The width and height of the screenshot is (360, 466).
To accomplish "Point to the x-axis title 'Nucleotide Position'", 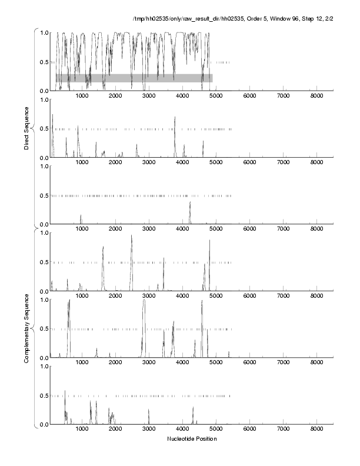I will (192, 438).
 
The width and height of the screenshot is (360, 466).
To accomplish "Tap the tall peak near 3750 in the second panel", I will (175, 118).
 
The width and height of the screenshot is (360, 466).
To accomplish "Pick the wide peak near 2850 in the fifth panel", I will (144, 301).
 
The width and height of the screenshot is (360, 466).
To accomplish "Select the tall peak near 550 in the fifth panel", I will (69, 302).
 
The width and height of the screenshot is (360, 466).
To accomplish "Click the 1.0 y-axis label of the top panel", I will (44, 32).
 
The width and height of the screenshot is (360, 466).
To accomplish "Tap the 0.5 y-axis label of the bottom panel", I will (44, 395).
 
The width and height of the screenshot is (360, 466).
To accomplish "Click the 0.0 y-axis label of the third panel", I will (44, 224).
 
